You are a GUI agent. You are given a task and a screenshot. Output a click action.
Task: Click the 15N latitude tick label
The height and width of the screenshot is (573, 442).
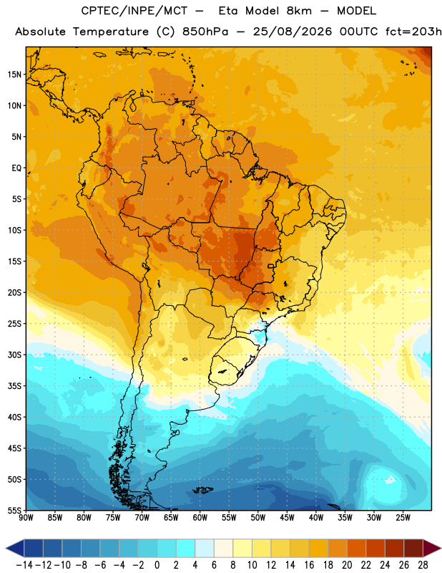point(14,74)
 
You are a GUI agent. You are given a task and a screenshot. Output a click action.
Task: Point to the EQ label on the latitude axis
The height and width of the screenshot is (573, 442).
point(16,168)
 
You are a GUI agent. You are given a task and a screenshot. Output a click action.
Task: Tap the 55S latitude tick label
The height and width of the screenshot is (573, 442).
point(14,510)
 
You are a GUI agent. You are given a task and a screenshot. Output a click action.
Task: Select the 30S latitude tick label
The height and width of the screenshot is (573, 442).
point(14,355)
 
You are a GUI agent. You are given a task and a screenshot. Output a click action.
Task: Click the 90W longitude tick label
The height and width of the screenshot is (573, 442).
point(26,518)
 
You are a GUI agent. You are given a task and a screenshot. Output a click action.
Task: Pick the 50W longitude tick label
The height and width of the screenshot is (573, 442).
point(258,518)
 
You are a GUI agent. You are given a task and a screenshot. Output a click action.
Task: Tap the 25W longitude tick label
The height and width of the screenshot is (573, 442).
point(403,518)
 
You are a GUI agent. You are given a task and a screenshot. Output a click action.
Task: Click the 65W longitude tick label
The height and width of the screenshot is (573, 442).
point(171,518)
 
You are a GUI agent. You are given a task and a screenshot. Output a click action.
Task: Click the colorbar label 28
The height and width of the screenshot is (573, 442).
point(423,565)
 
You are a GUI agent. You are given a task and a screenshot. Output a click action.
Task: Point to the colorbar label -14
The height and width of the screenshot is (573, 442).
point(24,565)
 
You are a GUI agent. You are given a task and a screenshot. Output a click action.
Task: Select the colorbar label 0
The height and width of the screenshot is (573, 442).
point(157,565)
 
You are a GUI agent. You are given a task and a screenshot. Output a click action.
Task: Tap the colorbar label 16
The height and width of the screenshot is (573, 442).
point(309,565)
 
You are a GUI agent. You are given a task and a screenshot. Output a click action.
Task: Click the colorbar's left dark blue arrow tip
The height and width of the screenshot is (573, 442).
point(6,548)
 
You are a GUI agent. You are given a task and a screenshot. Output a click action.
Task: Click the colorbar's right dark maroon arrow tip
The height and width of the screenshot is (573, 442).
point(441,548)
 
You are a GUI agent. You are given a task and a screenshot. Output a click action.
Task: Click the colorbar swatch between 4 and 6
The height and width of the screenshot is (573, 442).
point(205,548)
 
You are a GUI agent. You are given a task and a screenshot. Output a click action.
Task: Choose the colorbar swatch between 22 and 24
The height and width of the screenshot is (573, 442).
point(375,548)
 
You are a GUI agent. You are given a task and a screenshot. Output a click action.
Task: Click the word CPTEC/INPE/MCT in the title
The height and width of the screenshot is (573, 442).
point(134,11)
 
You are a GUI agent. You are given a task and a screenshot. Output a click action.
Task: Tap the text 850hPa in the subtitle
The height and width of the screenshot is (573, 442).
point(205,32)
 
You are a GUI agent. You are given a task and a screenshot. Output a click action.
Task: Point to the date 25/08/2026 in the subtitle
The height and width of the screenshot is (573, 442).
point(293,32)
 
